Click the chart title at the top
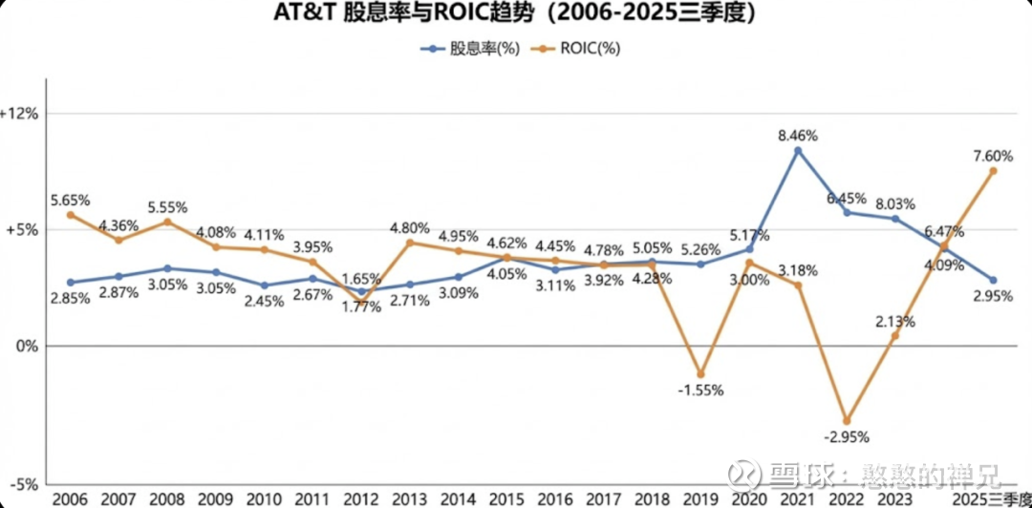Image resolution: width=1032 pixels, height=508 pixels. (x=516, y=15)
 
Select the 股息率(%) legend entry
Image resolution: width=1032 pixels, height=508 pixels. (x=474, y=50)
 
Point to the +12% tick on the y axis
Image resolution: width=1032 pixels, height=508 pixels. (x=19, y=114)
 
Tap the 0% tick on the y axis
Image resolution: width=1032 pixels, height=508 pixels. (x=27, y=346)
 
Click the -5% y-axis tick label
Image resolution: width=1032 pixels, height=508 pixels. (x=21, y=484)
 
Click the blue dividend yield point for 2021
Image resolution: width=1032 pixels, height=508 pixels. (x=798, y=151)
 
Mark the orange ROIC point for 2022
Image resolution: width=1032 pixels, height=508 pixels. (x=847, y=420)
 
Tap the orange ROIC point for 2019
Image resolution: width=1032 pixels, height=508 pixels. (x=700, y=374)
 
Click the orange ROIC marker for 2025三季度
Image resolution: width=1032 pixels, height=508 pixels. (x=993, y=171)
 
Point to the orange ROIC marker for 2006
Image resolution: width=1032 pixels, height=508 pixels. (x=71, y=215)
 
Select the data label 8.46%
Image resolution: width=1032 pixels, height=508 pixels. (x=798, y=135)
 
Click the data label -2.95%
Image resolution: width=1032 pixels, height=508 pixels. (x=847, y=438)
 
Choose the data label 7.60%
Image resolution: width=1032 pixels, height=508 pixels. (x=992, y=156)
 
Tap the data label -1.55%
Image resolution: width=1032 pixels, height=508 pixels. (x=700, y=391)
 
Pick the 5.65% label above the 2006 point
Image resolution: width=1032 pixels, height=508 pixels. (x=71, y=200)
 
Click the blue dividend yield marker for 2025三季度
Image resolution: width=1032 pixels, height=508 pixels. (x=993, y=280)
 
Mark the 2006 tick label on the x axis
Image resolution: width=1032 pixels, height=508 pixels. (x=71, y=499)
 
